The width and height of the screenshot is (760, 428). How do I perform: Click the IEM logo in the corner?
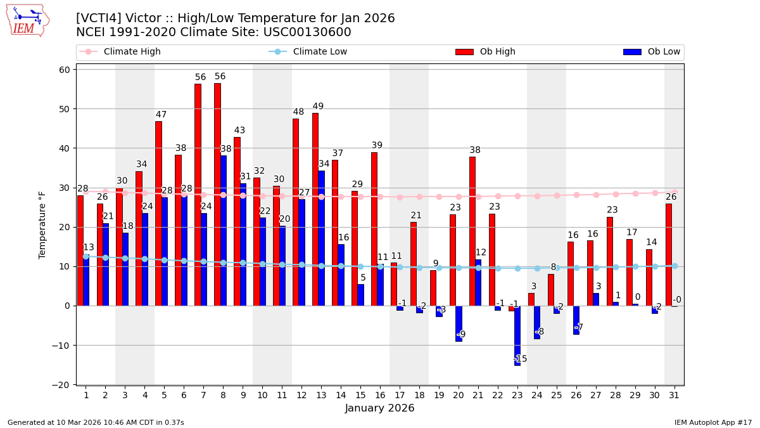point(27,20)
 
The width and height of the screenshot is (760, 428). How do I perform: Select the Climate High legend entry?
point(132,52)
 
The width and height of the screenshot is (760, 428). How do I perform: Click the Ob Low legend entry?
point(664,52)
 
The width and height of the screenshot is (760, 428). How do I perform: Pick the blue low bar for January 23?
point(517,335)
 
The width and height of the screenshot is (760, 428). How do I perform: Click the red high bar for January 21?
point(472,231)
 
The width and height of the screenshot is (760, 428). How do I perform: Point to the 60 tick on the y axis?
point(64,70)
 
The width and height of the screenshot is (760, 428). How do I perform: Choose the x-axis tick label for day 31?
point(674,395)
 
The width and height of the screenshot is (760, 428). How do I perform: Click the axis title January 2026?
point(380,408)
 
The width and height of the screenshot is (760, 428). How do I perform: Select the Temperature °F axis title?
point(43,224)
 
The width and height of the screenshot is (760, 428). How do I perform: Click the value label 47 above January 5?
point(161,115)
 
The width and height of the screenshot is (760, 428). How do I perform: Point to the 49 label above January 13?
point(318,107)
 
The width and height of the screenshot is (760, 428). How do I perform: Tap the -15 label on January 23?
point(520,359)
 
